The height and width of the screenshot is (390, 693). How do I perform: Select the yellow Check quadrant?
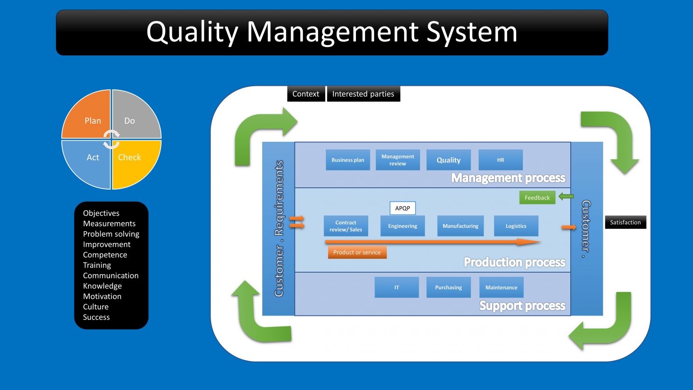[133, 161]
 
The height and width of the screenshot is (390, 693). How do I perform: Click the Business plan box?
[348, 160]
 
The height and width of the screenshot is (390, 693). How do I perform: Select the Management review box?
[397, 160]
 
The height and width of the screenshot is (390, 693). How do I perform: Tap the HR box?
[500, 160]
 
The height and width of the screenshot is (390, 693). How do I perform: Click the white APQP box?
[402, 208]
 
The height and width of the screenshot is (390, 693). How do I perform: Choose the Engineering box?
[402, 226]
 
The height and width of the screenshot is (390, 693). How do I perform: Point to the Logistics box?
[516, 226]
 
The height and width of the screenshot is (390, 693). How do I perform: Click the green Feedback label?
[537, 198]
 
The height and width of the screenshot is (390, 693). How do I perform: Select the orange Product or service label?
[357, 252]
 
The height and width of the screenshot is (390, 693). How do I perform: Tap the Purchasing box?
[448, 287]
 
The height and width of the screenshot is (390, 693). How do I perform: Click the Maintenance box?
[501, 287]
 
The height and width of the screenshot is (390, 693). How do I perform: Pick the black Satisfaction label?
[625, 222]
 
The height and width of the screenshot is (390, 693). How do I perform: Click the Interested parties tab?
[363, 94]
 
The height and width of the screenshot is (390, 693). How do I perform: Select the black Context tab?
[305, 94]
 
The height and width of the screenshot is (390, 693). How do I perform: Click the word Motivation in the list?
[102, 296]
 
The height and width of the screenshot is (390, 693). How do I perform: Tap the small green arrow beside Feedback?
[566, 196]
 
